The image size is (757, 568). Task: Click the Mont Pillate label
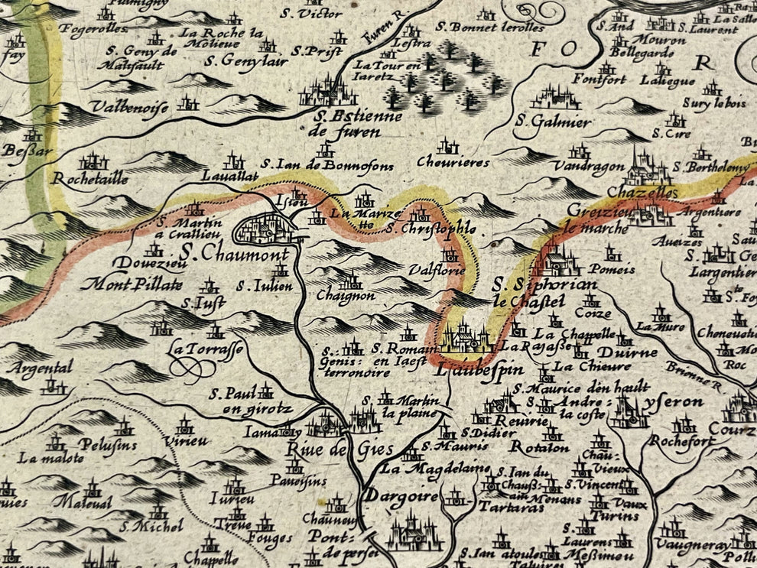[x=133, y=285]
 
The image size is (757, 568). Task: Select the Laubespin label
[x=470, y=369]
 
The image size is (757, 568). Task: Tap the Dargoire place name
[x=400, y=496]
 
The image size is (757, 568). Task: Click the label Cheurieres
[x=453, y=162]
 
